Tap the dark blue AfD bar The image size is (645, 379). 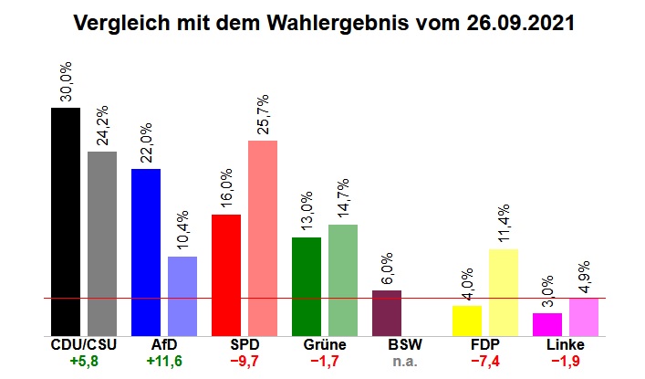click(x=146, y=252)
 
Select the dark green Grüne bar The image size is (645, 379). click(x=307, y=286)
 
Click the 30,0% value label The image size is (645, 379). click(x=66, y=82)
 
